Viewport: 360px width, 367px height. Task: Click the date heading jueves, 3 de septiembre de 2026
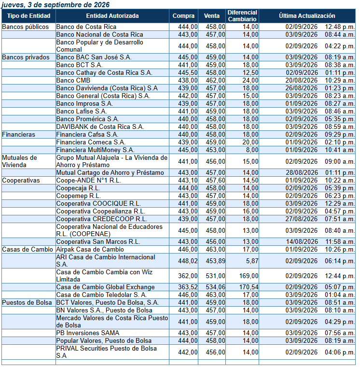coord(55,4)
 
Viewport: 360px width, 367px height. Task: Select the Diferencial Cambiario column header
coord(242,15)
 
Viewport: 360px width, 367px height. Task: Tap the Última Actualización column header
coord(307,15)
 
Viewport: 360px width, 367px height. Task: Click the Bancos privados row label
coord(26,57)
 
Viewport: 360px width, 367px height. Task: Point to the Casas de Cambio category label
coord(28,250)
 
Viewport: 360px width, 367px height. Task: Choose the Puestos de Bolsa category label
coord(27,303)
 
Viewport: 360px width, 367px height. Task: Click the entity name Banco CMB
coord(73,81)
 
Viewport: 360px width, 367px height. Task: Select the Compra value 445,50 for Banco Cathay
coord(188,73)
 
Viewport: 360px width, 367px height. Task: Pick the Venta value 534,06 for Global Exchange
coord(215,287)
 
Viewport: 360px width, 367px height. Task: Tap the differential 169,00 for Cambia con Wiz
coord(249,276)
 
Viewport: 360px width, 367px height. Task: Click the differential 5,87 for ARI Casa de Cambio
coord(252,261)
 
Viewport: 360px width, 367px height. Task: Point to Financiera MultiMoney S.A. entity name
coord(95,150)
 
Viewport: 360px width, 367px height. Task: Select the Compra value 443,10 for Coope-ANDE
coord(188,181)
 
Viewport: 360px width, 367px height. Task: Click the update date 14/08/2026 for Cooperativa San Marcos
coord(302,242)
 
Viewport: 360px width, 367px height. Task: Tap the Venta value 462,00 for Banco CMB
coord(215,81)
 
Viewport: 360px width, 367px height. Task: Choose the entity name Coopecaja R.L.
coord(78,188)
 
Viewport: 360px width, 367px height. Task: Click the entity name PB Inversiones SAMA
coord(88,333)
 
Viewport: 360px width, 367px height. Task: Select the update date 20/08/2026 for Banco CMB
coord(301,81)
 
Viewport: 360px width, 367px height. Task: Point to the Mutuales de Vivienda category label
coord(19,161)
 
